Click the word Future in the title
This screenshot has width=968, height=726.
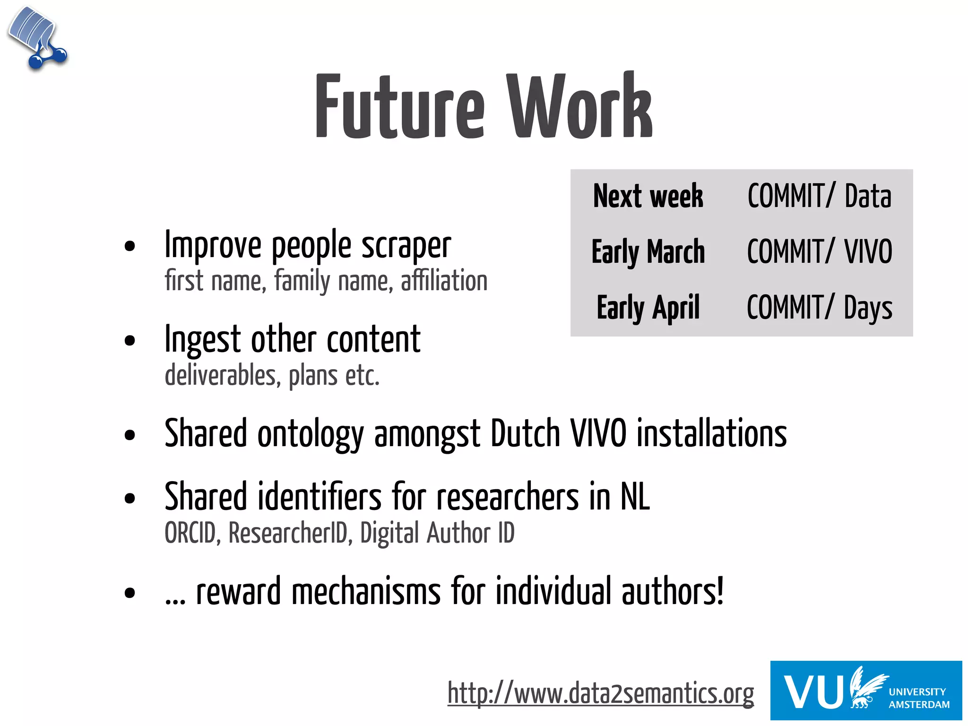click(x=399, y=108)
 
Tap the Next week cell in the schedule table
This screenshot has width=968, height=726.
click(x=648, y=196)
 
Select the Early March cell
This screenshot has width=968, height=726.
click(x=648, y=252)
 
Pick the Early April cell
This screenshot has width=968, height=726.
click(x=648, y=308)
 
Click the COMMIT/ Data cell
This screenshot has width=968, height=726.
click(x=819, y=196)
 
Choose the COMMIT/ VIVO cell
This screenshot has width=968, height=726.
click(x=819, y=252)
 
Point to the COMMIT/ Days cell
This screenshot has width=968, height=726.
click(x=819, y=308)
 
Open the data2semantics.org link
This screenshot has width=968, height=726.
click(x=600, y=694)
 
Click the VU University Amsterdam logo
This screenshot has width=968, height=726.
click(x=866, y=691)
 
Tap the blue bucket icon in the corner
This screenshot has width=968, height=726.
click(x=37, y=38)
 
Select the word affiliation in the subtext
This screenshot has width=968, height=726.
click(x=444, y=281)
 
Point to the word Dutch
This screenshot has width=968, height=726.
click(x=525, y=433)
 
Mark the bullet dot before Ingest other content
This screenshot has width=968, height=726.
click(x=130, y=341)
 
